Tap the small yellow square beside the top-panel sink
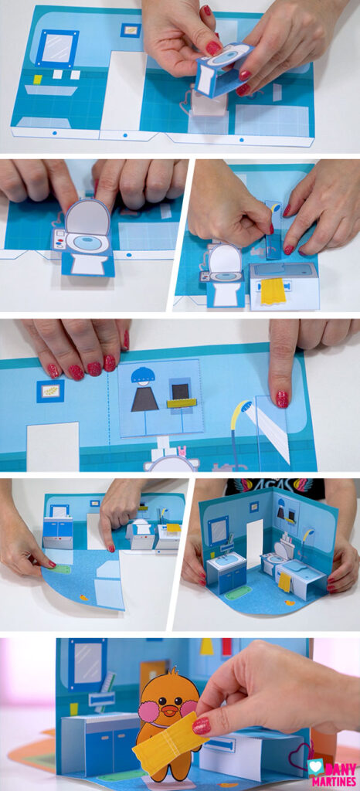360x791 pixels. (37, 79)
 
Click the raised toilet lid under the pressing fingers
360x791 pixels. (87, 217)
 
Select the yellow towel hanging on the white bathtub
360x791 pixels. (273, 291)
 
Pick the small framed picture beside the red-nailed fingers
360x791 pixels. (50, 391)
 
